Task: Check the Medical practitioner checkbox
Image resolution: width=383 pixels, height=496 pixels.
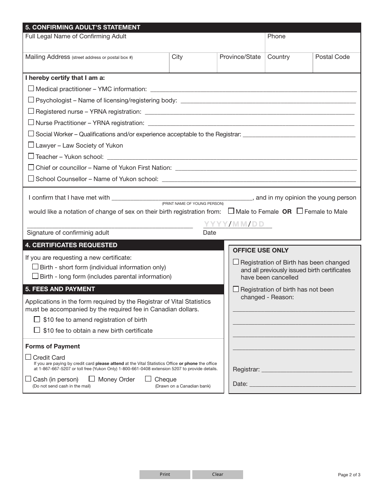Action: [31, 88]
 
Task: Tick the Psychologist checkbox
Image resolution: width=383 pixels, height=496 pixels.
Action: [31, 100]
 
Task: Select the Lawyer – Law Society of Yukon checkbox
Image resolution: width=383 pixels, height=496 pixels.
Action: [31, 145]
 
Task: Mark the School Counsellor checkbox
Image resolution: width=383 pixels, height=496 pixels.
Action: [31, 178]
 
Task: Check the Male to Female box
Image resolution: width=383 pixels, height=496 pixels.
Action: [231, 210]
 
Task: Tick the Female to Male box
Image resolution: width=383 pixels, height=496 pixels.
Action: [300, 210]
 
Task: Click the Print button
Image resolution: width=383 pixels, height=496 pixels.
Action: [165, 475]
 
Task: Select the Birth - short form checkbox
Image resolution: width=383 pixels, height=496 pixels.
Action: [35, 267]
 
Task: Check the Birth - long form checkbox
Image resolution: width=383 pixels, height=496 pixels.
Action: [35, 276]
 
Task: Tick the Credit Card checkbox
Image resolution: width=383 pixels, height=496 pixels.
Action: [28, 357]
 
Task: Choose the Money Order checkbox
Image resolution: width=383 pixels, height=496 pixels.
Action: [92, 379]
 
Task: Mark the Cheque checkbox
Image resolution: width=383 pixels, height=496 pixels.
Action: [148, 379]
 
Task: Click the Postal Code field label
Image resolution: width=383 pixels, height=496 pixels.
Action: [332, 57]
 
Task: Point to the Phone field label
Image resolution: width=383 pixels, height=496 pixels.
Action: [276, 36]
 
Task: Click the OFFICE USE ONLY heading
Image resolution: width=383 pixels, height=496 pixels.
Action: [260, 250]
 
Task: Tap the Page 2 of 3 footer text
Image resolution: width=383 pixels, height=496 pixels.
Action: [349, 475]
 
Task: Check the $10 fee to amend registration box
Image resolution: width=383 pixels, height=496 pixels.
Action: [37, 319]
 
